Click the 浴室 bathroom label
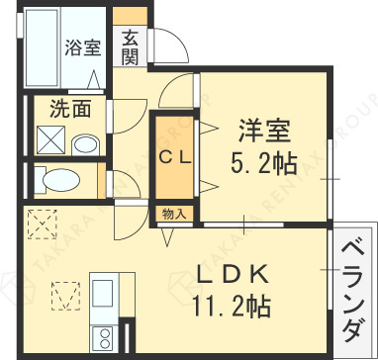click(82, 46)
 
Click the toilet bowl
click(62, 180)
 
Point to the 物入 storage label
click(173, 212)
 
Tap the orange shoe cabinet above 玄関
click(130, 15)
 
